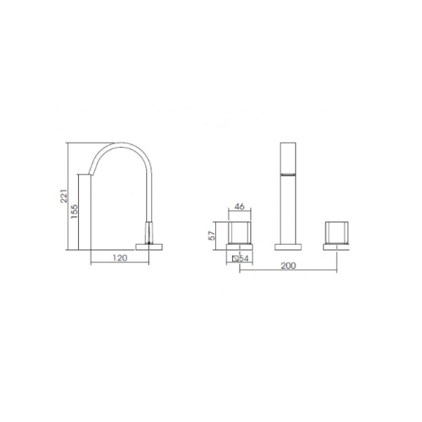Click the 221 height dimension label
click(x=64, y=196)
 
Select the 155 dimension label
click(x=74, y=212)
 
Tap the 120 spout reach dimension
click(x=120, y=258)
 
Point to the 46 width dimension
click(x=240, y=206)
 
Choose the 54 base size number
click(x=244, y=258)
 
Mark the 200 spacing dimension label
click(x=288, y=265)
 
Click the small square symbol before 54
click(x=235, y=258)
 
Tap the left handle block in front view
click(x=240, y=233)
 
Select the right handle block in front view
click(x=337, y=233)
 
